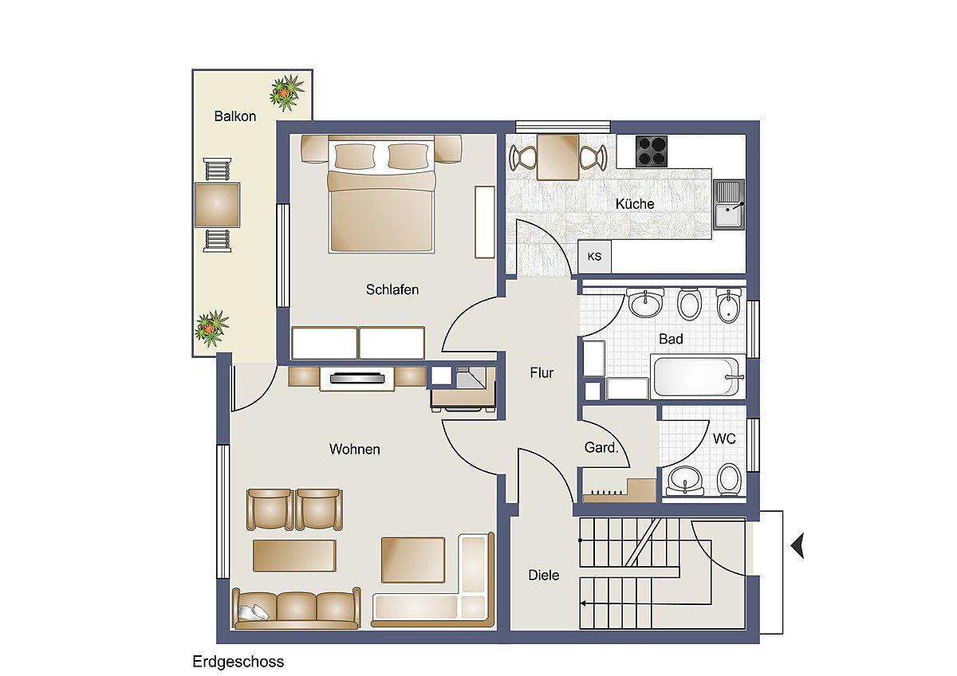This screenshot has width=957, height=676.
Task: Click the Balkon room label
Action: pyautogui.click(x=235, y=116)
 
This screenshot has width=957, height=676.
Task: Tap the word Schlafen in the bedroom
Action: pyautogui.click(x=392, y=289)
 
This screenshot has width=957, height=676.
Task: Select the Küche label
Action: pyautogui.click(x=635, y=204)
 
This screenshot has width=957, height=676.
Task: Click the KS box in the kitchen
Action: pyautogui.click(x=594, y=257)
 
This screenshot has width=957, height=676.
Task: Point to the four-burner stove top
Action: pyautogui.click(x=651, y=151)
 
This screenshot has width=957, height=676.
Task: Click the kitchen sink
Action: pyautogui.click(x=729, y=204)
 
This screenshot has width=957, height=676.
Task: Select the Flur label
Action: pyautogui.click(x=542, y=373)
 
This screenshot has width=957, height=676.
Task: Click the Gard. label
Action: pyautogui.click(x=601, y=447)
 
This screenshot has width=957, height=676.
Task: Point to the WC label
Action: pyautogui.click(x=724, y=438)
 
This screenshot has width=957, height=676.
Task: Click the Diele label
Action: pyautogui.click(x=543, y=576)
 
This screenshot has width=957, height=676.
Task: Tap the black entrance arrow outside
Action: pyautogui.click(x=797, y=545)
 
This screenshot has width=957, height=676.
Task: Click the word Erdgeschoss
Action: pyautogui.click(x=238, y=662)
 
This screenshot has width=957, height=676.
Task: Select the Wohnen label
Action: pyautogui.click(x=354, y=450)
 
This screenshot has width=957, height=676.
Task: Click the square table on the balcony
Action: pyautogui.click(x=217, y=205)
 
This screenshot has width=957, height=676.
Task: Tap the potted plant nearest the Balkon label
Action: pyautogui.click(x=286, y=92)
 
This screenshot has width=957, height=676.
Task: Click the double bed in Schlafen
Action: pyautogui.click(x=381, y=194)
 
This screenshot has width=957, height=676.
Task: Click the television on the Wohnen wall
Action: pyautogui.click(x=356, y=378)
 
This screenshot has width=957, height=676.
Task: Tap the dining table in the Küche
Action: pyautogui.click(x=557, y=157)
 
